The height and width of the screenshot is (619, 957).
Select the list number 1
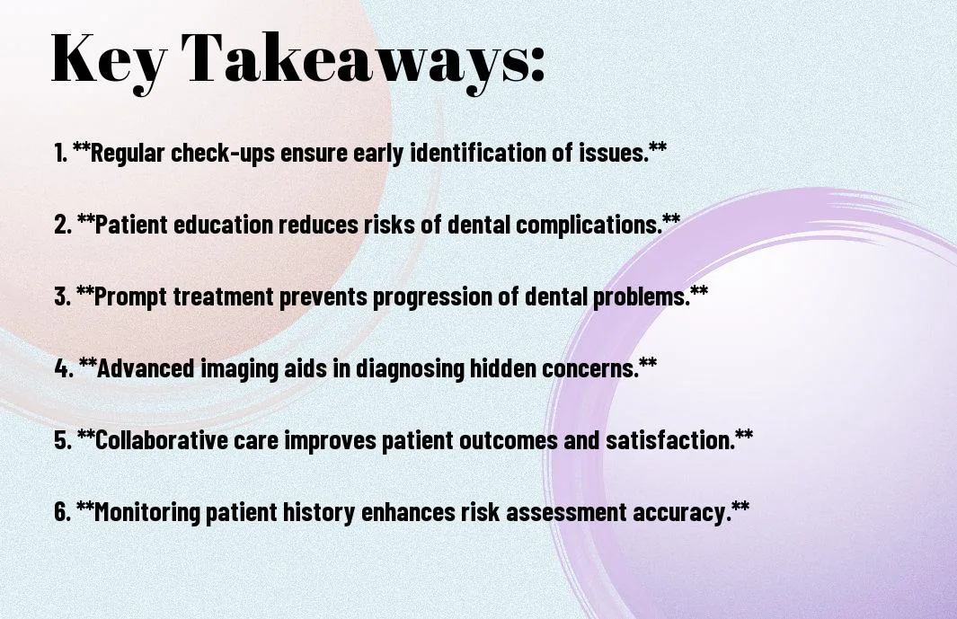(x=60, y=153)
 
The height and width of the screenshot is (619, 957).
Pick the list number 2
(x=63, y=225)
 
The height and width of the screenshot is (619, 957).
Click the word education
(x=224, y=224)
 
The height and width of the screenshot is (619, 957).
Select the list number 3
(x=62, y=296)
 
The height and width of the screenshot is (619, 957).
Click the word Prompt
(x=130, y=296)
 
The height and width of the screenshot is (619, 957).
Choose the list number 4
(x=64, y=368)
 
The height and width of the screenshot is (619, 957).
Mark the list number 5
(x=63, y=440)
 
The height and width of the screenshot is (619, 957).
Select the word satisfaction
(x=670, y=439)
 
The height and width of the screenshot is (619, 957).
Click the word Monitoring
(x=147, y=511)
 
